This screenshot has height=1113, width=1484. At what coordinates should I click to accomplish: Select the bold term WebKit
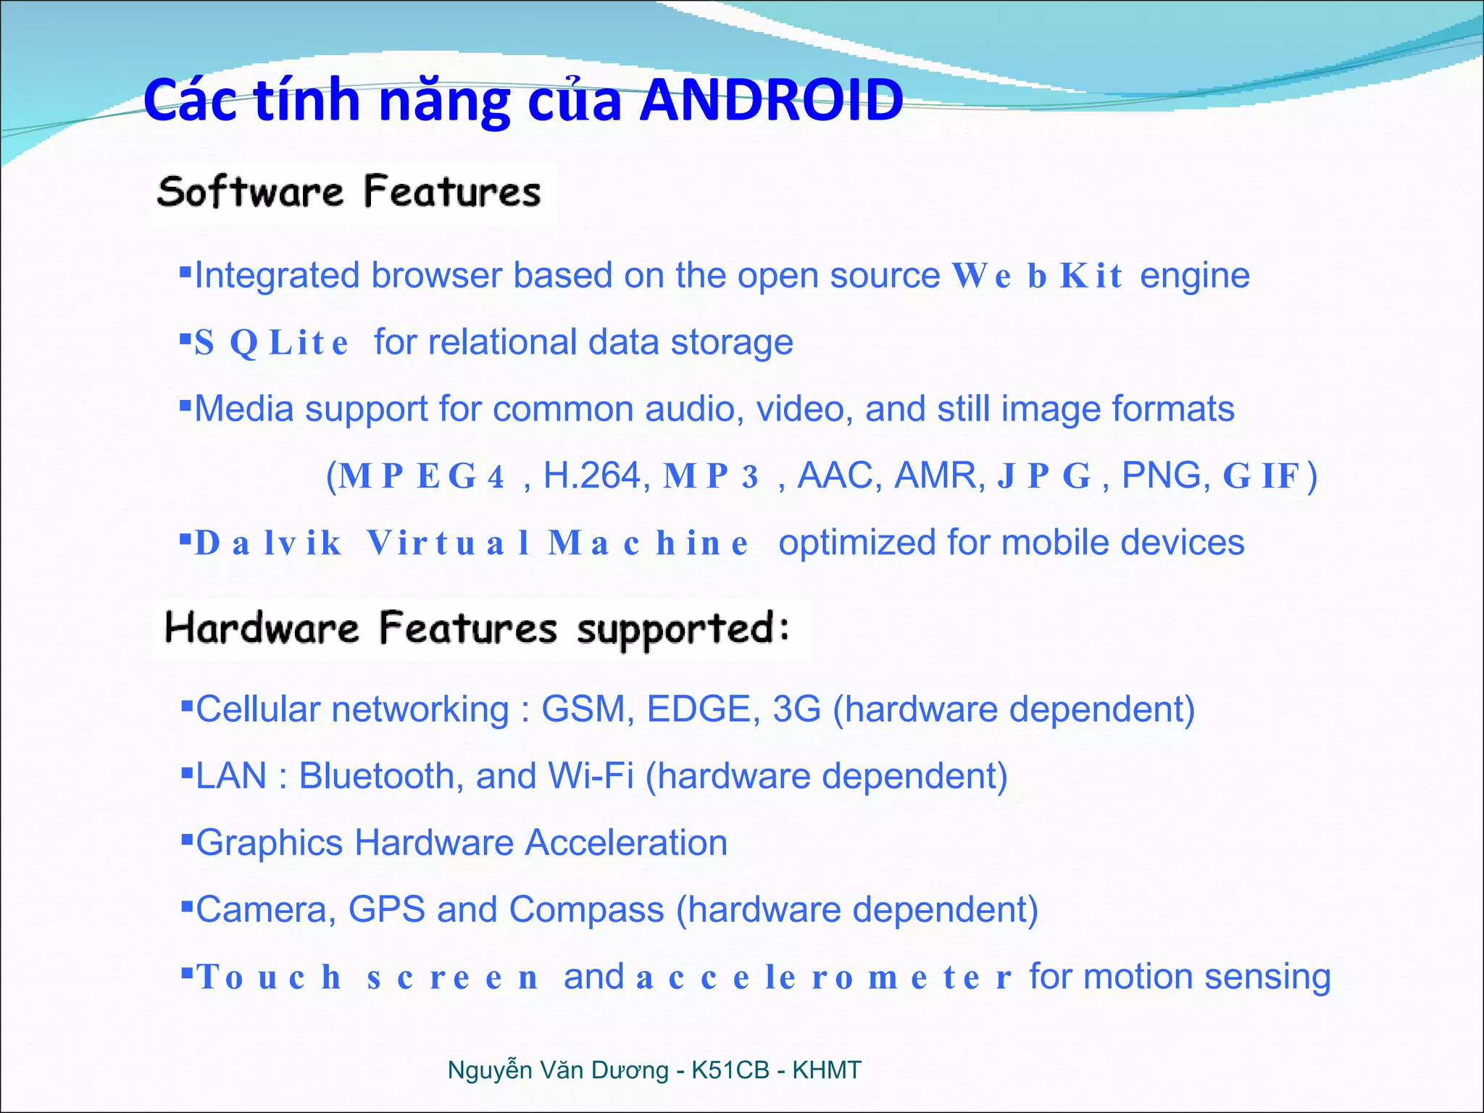(x=1037, y=276)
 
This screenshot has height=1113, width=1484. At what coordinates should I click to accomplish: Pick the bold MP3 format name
(x=711, y=477)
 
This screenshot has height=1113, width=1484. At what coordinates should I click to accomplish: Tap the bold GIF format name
(x=1262, y=477)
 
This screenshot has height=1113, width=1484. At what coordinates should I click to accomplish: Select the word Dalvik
(x=268, y=543)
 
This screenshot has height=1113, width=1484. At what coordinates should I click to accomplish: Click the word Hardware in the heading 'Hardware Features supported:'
(x=262, y=628)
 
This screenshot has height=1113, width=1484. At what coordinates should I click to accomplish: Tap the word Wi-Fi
(x=591, y=776)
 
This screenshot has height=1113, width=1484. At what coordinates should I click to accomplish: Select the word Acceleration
(x=626, y=843)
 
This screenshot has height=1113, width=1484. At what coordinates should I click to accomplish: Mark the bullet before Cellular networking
(x=187, y=705)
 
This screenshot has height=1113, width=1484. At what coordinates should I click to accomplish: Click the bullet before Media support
(x=185, y=404)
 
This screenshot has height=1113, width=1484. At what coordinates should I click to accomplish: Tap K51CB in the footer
(x=730, y=1070)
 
